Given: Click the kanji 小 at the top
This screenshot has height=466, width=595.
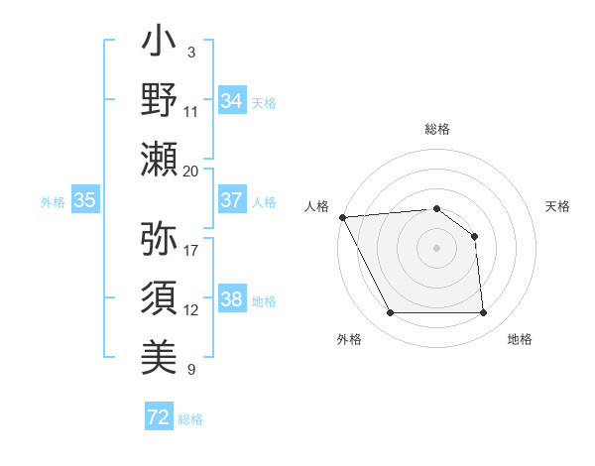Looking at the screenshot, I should tap(159, 45).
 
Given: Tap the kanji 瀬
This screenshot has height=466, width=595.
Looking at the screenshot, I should tap(159, 159).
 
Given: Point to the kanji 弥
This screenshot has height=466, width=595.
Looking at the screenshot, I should tap(159, 238).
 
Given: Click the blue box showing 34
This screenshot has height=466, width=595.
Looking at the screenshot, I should tap(231, 101).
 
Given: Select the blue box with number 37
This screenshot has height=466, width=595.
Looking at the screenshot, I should tap(231, 200).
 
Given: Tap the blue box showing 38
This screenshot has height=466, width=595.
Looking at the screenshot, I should tap(231, 299).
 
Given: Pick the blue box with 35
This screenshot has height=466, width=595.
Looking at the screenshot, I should tap(84, 200).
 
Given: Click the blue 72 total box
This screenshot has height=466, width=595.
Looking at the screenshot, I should tap(159, 418).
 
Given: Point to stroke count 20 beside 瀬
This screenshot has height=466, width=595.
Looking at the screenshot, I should tap(190, 172).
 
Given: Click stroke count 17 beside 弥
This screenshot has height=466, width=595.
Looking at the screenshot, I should tap(190, 250).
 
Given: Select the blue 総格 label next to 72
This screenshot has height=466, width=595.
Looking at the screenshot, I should tap(190, 419).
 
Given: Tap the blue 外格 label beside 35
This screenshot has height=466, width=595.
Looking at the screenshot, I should tap(53, 201).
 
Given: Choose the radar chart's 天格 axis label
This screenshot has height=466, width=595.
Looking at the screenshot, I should tap(557, 206).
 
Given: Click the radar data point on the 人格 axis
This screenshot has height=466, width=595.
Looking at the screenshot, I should tap(342, 217).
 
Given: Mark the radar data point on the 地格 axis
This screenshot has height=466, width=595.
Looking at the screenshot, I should tap(483, 313).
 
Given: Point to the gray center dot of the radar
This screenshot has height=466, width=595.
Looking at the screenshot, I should tap(436, 248).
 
